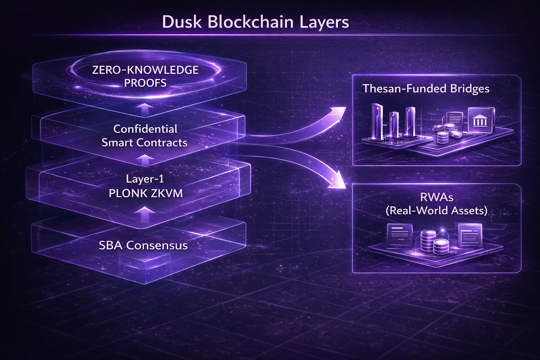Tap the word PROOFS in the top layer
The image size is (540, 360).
145,83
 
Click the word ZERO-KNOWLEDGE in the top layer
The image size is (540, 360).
145,70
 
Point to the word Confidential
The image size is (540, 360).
145,129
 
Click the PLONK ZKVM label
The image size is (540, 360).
146,193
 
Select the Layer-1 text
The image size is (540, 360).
145,179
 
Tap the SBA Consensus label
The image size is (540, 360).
143,245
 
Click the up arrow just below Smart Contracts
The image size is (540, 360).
144,160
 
